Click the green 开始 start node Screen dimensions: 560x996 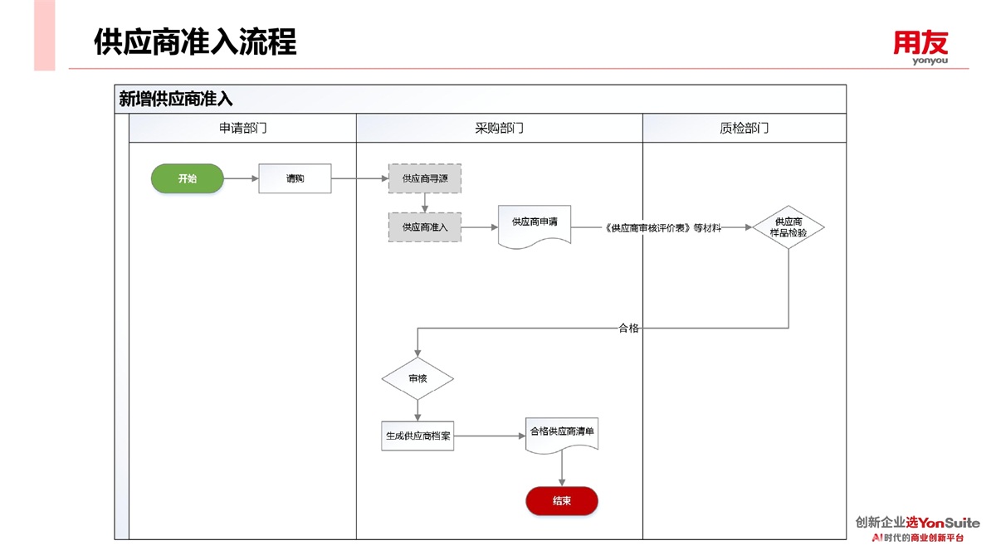(187, 178)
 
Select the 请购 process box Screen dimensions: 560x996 (295, 178)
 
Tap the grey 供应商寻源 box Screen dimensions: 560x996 (425, 178)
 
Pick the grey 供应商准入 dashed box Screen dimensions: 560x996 (425, 226)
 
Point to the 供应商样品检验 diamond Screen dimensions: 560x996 (788, 227)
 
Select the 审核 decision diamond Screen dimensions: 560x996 (417, 378)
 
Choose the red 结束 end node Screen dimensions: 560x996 (562, 500)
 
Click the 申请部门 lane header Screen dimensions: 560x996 (242, 129)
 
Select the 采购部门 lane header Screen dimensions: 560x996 (499, 129)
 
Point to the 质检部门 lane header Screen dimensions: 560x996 (744, 129)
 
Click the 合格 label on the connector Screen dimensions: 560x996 (629, 329)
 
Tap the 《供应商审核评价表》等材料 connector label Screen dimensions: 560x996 (663, 227)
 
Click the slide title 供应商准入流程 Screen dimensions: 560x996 (195, 41)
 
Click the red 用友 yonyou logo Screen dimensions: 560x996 (920, 46)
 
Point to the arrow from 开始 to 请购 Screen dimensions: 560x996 (241, 178)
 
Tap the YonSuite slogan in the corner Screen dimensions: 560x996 (918, 529)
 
